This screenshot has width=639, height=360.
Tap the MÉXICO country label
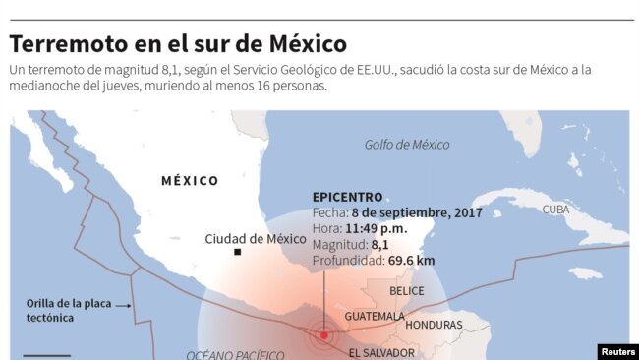[x=190, y=181]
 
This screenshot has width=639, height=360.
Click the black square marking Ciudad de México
[x=238, y=253]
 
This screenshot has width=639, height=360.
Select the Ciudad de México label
[x=256, y=238]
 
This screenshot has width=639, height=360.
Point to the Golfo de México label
[x=407, y=145]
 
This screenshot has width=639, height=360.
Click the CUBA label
[x=555, y=210]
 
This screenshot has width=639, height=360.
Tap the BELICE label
[x=407, y=291]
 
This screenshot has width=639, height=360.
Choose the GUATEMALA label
[x=375, y=316]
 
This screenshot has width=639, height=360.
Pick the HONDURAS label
[x=434, y=325]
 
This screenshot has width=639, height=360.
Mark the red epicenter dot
[x=323, y=335]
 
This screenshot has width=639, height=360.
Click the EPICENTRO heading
[x=347, y=197]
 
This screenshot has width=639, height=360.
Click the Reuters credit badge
[x=616, y=350]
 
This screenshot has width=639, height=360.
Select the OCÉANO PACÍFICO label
[x=235, y=354]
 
